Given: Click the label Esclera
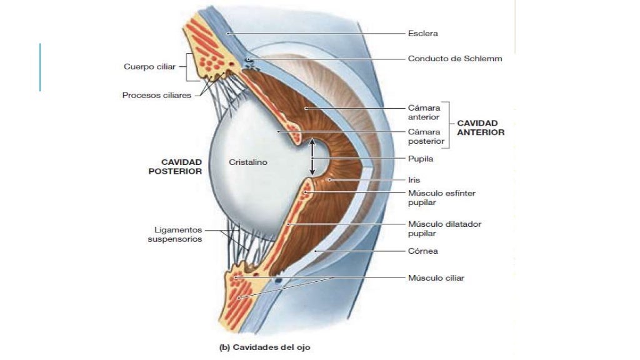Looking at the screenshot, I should coord(422,33).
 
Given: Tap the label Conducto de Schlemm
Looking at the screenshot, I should coord(454,59).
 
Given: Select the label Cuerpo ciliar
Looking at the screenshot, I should coord(149,67).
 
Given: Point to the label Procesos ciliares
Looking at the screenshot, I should coord(156,96).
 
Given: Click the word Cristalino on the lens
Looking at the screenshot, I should coord(248,162).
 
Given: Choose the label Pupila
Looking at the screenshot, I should coord(420,159).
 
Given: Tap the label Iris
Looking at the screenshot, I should coord(414,179).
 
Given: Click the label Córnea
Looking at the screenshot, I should coord(422,251).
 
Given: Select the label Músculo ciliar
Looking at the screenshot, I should coord(436,277).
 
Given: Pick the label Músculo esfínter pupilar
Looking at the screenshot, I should coord(441,197).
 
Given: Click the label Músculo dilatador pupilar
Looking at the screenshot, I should coord(444,228).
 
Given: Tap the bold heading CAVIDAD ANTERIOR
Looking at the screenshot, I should coord(481,127).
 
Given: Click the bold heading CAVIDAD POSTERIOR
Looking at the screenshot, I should coord(175,166).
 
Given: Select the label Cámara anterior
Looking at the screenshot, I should coord(424,112).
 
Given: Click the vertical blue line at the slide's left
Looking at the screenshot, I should coord(40,67).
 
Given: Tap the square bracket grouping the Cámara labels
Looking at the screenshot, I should coord(448,124).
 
